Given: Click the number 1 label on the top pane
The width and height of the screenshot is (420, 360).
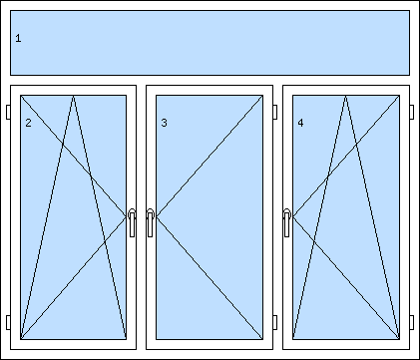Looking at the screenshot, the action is pos(18,38).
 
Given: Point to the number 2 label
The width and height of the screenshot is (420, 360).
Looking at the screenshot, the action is pos(28,123).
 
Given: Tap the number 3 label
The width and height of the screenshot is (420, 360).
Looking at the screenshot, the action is pos(164,123).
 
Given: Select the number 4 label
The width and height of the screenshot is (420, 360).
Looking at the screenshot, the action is pos(300,123).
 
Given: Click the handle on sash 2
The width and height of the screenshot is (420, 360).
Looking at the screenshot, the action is pos(132,222).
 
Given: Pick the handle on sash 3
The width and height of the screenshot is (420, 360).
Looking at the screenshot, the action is pos(150,222).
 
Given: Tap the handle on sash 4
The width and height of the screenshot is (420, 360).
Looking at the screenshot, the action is pos(287,222).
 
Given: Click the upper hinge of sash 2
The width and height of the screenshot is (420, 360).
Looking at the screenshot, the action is pos(8,112).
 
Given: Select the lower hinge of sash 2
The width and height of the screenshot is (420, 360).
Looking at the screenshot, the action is pos(8,322).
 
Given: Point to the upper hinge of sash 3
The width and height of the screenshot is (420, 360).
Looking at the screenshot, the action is pos(275,112).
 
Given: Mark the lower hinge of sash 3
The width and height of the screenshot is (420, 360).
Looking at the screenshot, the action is pos(275,322).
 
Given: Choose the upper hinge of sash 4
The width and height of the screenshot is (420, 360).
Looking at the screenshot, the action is pos(412,112).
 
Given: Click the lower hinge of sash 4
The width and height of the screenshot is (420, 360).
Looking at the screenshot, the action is pos(412,322).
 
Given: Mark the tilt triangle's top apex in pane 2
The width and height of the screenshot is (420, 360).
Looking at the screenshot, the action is pos(74,96).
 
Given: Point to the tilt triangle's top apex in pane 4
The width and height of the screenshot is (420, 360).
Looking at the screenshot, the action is pos(346,96).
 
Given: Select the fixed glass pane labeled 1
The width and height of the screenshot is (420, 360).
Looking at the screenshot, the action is pos(210,43).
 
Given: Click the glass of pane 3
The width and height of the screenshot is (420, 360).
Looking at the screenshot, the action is pos(210,217).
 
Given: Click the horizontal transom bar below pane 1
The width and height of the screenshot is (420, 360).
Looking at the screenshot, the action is pos(210,80).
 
